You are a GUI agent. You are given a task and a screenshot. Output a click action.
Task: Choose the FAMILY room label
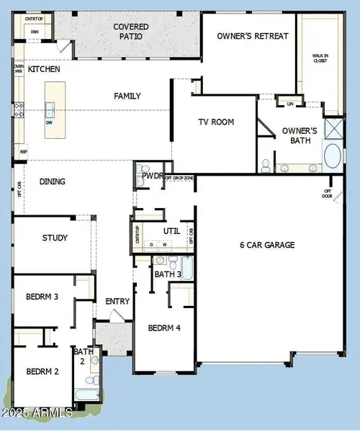(127, 96)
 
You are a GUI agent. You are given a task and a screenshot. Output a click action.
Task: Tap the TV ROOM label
(217, 122)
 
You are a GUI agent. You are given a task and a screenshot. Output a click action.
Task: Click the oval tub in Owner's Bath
(333, 157)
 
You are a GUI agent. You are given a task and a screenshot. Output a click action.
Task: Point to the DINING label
(53, 182)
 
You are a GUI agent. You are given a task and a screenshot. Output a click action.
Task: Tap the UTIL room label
(171, 231)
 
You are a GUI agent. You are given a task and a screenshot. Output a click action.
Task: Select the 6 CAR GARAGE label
(267, 245)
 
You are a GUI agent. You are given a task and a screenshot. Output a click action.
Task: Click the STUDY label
(55, 238)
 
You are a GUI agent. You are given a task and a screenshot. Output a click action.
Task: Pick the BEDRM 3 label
(42, 297)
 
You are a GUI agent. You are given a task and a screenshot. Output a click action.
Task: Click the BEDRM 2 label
(42, 372)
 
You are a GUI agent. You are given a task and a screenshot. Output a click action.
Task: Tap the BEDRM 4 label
(165, 328)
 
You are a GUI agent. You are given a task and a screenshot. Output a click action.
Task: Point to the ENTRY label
(117, 301)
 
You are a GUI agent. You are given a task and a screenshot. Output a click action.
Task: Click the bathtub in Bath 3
(187, 269)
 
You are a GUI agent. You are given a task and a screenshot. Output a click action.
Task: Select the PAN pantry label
(34, 32)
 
